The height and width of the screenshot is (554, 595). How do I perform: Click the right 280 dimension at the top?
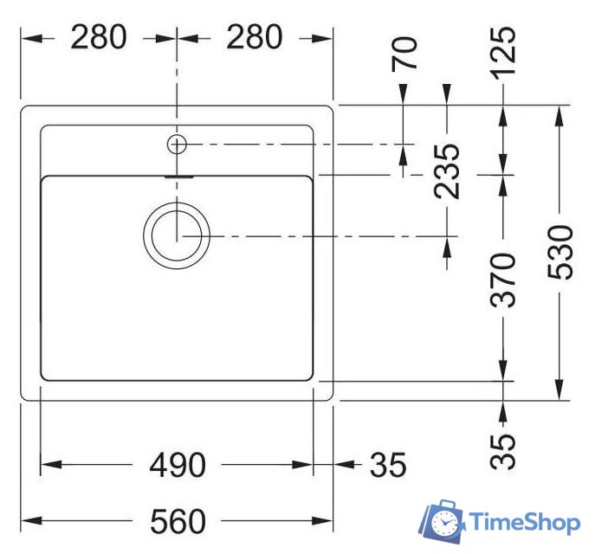(x=254, y=37)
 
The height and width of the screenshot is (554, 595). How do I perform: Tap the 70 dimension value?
(x=405, y=54)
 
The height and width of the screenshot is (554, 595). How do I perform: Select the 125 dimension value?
(x=503, y=51)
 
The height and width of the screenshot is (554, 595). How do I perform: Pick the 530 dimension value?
(x=560, y=252)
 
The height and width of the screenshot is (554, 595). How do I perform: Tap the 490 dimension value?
(x=178, y=466)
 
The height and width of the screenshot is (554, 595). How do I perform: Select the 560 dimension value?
(x=178, y=521)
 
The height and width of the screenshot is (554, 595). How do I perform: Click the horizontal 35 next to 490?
(x=388, y=466)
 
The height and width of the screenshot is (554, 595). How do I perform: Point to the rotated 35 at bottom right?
(x=504, y=449)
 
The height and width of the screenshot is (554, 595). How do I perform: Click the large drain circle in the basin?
(x=177, y=235)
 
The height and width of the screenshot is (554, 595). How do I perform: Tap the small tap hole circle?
(x=177, y=144)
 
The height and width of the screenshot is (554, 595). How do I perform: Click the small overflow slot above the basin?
(x=177, y=174)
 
